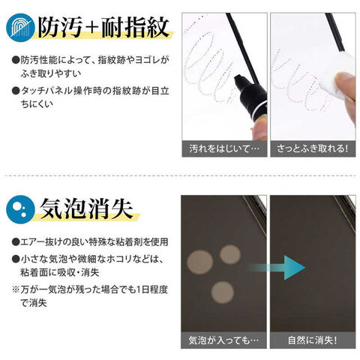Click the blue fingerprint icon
pos(20,28)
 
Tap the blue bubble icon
pos(20,209)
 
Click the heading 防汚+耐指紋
pos(103,27)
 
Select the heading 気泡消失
pos(86,208)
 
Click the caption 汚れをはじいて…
pos(224,149)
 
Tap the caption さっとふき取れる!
pos(313,149)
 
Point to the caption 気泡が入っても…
pos(223,340)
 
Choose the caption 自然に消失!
pos(313,340)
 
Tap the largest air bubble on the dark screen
pos(200,262)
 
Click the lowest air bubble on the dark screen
pos(223,292)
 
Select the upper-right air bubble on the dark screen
pos(230,254)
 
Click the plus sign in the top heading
pos(91,28)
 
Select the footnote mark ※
pos(16,289)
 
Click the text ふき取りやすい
pos(51,73)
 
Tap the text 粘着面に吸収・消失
pos(60,272)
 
